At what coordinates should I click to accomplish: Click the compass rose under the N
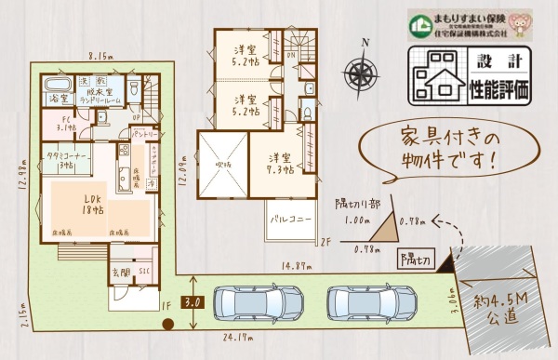(x=363, y=73)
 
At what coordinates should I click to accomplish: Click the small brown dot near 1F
(x=167, y=324)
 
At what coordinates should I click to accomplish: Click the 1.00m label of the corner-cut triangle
(x=352, y=220)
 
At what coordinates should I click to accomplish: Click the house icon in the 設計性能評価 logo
(x=433, y=82)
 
